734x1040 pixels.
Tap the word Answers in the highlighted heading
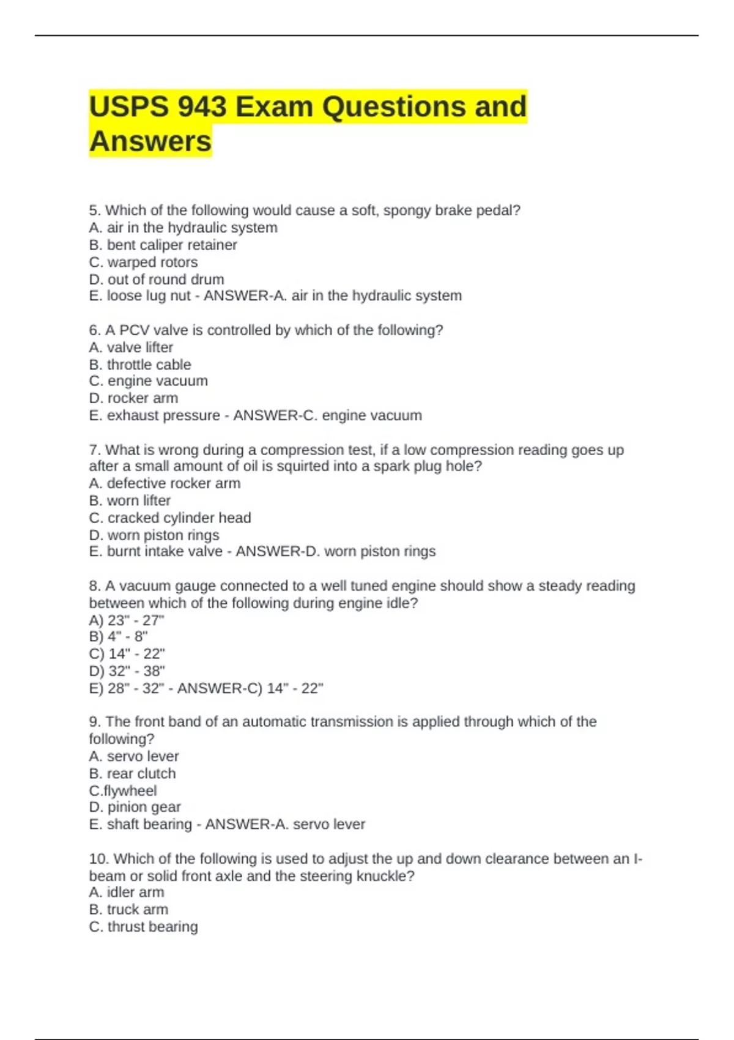[x=150, y=141]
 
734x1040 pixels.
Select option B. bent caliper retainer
[x=163, y=245]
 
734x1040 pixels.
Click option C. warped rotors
[x=143, y=262]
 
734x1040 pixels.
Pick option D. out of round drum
[x=157, y=279]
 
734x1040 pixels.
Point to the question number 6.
[x=95, y=330]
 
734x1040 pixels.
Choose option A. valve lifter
[x=131, y=347]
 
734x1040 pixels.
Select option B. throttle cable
[x=140, y=365]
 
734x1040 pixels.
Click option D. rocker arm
[x=133, y=398]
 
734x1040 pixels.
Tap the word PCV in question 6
[x=134, y=330]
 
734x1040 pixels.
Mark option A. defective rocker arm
[x=165, y=483]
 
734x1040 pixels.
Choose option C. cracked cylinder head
[x=170, y=518]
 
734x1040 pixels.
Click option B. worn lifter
[x=130, y=500]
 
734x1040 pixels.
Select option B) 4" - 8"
[x=118, y=636]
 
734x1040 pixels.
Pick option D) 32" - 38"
[x=127, y=670]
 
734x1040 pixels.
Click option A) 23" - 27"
[x=127, y=620]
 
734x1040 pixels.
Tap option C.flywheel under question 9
[x=122, y=790]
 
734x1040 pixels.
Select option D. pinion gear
[x=135, y=807]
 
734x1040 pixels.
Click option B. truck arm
[x=128, y=909]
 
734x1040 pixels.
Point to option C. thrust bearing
[x=143, y=926]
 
